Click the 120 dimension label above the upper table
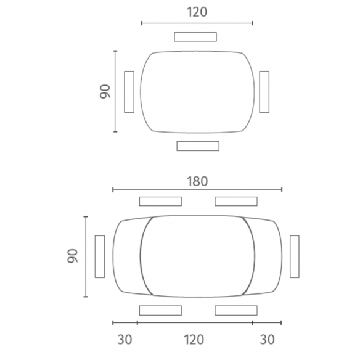point(197,12)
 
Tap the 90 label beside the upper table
point(105,92)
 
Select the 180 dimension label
point(197,181)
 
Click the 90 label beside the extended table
point(73,256)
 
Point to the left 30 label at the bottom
point(125,340)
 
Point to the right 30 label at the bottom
point(268,340)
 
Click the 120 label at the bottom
point(194,340)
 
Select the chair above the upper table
point(195,37)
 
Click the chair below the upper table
point(198,146)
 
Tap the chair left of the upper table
point(129,92)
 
